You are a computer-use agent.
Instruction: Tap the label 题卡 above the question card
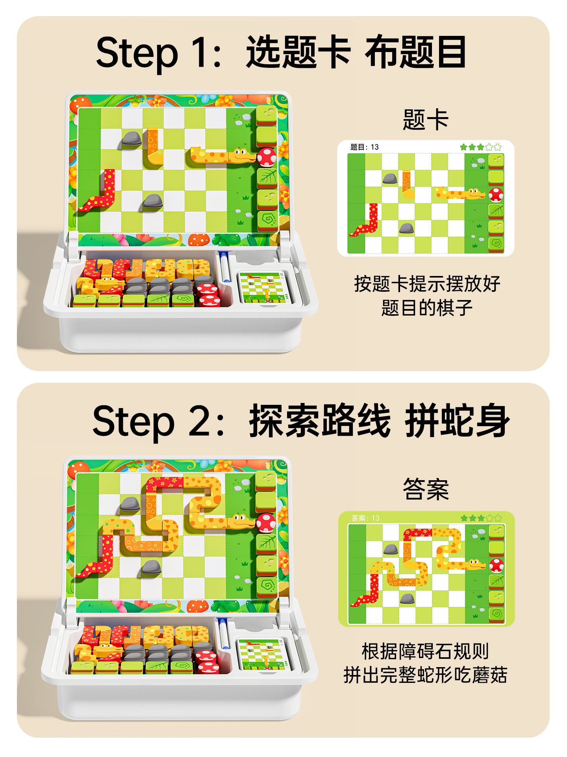(426, 119)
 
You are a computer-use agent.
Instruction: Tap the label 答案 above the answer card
(426, 489)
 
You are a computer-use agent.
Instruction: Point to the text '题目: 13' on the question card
(364, 147)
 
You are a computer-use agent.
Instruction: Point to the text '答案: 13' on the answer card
(365, 518)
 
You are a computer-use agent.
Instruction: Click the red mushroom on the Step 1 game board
(267, 157)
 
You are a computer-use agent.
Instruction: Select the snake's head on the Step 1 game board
(241, 155)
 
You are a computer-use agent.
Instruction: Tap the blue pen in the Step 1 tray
(224, 267)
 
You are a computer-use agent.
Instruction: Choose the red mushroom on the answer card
(496, 565)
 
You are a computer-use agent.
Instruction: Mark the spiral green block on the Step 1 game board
(267, 221)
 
